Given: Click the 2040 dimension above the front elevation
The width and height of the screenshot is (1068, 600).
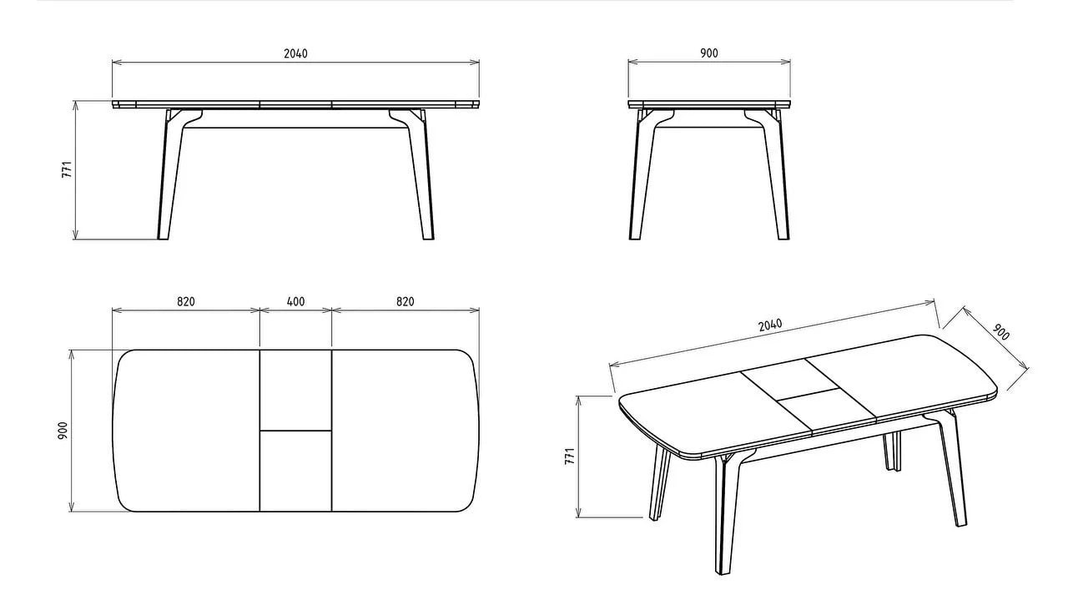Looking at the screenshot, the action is [295, 53].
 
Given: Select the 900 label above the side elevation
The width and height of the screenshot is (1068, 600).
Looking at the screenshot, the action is [709, 53].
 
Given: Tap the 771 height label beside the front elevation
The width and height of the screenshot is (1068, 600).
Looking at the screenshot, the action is [67, 169].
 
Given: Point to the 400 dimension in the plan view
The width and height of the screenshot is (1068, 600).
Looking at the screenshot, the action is [295, 301].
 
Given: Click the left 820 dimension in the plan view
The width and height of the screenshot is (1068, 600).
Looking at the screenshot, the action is [186, 301].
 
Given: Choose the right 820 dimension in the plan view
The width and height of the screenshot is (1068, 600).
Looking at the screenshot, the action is [406, 301].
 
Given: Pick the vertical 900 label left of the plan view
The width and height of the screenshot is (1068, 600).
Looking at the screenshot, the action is [63, 431].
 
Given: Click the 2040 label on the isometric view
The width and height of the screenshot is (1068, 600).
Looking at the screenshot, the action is [770, 325].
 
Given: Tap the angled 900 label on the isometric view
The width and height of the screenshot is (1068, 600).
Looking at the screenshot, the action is [1000, 332].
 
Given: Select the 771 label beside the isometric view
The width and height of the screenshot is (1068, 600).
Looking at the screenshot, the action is [570, 456].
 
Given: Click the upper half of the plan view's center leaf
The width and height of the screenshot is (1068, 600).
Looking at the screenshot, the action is [295, 391].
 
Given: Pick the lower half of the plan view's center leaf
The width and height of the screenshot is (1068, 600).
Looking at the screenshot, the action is [295, 471].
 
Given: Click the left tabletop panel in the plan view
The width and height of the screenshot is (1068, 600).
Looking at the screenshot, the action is [187, 431].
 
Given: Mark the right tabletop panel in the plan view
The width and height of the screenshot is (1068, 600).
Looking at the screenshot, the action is [406, 431].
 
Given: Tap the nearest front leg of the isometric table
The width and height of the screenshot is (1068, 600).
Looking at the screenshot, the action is [726, 515].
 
